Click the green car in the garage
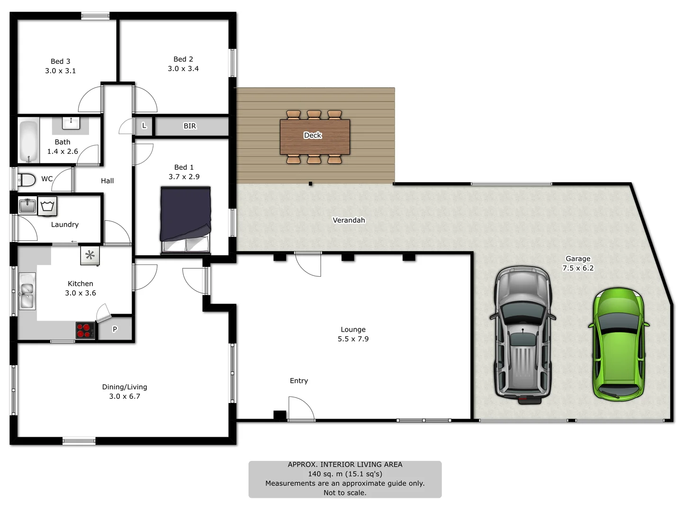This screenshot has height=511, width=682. coord(618,344)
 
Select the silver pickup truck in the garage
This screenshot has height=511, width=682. coord(523,334)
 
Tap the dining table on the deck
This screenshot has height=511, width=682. coord(314,137)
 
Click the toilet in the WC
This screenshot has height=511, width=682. coord(27,180)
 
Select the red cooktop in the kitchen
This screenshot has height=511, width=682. coord(85,330)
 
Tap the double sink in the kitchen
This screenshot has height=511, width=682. coord(27,291)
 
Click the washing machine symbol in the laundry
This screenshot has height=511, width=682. coord(47,206)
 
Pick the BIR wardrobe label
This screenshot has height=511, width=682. coord(190,126)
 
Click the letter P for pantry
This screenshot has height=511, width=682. coord(115,329)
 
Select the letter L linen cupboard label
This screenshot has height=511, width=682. coord(144,126)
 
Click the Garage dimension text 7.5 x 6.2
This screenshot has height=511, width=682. coord(578,268)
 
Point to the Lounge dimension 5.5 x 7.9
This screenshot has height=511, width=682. coord(353,339)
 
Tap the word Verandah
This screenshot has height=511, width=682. coord(349,220)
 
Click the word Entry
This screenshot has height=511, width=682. coord(299,380)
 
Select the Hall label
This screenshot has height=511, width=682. coord(108,181)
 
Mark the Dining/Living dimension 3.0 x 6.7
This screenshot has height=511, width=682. coord(125,396)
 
